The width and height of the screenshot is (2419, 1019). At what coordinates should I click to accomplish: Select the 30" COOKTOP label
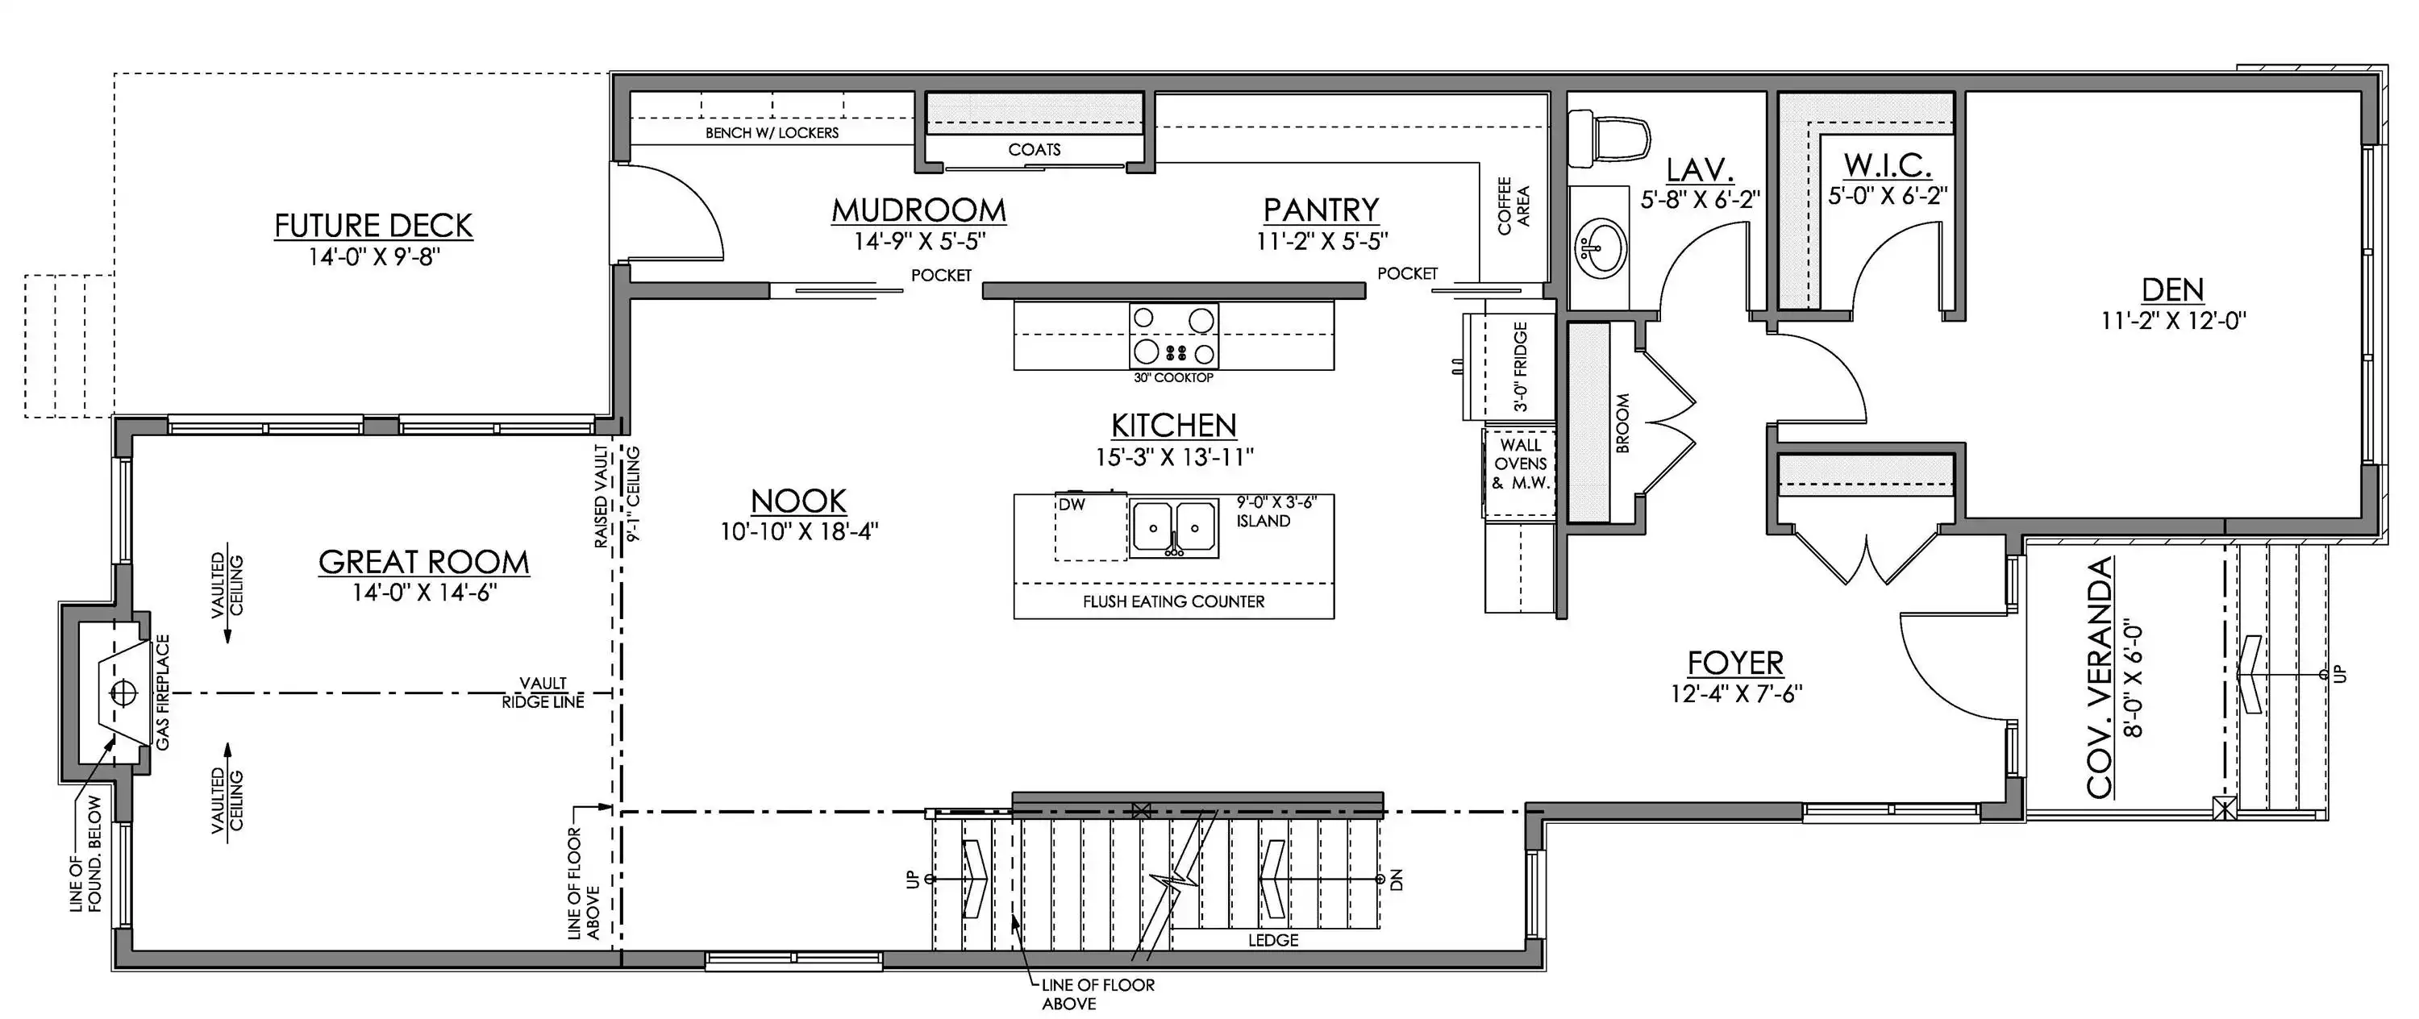click(x=1173, y=377)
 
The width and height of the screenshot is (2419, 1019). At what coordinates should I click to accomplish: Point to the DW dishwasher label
click(x=1072, y=505)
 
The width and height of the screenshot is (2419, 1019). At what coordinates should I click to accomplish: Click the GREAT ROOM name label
click(x=423, y=562)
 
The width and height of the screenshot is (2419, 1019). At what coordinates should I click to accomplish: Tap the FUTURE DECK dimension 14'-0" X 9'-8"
click(x=375, y=256)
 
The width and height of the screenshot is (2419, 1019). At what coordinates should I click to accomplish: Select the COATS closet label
click(x=1034, y=149)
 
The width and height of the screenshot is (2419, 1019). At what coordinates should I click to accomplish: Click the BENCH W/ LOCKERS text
click(x=772, y=133)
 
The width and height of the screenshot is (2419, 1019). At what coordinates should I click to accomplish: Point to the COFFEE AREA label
click(x=1513, y=206)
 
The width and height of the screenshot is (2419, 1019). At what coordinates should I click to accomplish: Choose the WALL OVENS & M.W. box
click(x=1520, y=473)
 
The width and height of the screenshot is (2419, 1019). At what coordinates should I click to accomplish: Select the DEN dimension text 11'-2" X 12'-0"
click(x=2173, y=321)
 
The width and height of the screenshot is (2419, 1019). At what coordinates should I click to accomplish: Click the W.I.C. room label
click(x=1888, y=165)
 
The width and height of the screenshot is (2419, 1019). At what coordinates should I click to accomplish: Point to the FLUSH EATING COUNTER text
click(x=1174, y=602)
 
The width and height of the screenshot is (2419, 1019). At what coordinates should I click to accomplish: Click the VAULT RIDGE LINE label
click(x=543, y=693)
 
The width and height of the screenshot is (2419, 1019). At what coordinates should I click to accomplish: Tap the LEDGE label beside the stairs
click(x=1273, y=940)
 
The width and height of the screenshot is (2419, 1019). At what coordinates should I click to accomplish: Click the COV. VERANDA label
click(x=2100, y=677)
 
